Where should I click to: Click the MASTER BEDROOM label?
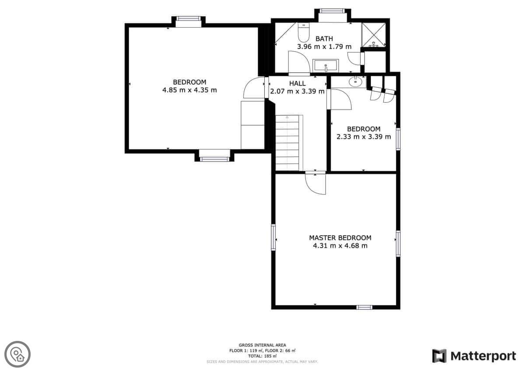pos(340,238)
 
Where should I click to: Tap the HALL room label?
pos(297,83)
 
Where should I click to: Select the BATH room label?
pos(324,39)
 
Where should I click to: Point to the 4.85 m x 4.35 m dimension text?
pos(189,90)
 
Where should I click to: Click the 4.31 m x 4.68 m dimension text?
pos(340,246)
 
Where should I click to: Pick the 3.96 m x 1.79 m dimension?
pos(324,46)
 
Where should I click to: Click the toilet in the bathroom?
pos(304,32)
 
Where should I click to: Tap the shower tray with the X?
pos(374,35)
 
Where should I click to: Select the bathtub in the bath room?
pos(325,66)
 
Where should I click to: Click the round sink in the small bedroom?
pos(356,81)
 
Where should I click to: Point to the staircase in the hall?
pos(289,143)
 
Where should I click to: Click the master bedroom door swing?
pos(315,183)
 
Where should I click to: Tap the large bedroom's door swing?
pos(254,88)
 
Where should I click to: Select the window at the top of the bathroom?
pos(332,11)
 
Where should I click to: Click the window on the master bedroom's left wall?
pos(273,237)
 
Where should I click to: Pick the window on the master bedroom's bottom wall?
pos(364,307)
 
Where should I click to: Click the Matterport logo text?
pos(483,356)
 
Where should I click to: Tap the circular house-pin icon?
pos(17,354)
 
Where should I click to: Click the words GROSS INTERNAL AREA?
pos(262,345)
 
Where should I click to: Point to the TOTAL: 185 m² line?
pos(262,356)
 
